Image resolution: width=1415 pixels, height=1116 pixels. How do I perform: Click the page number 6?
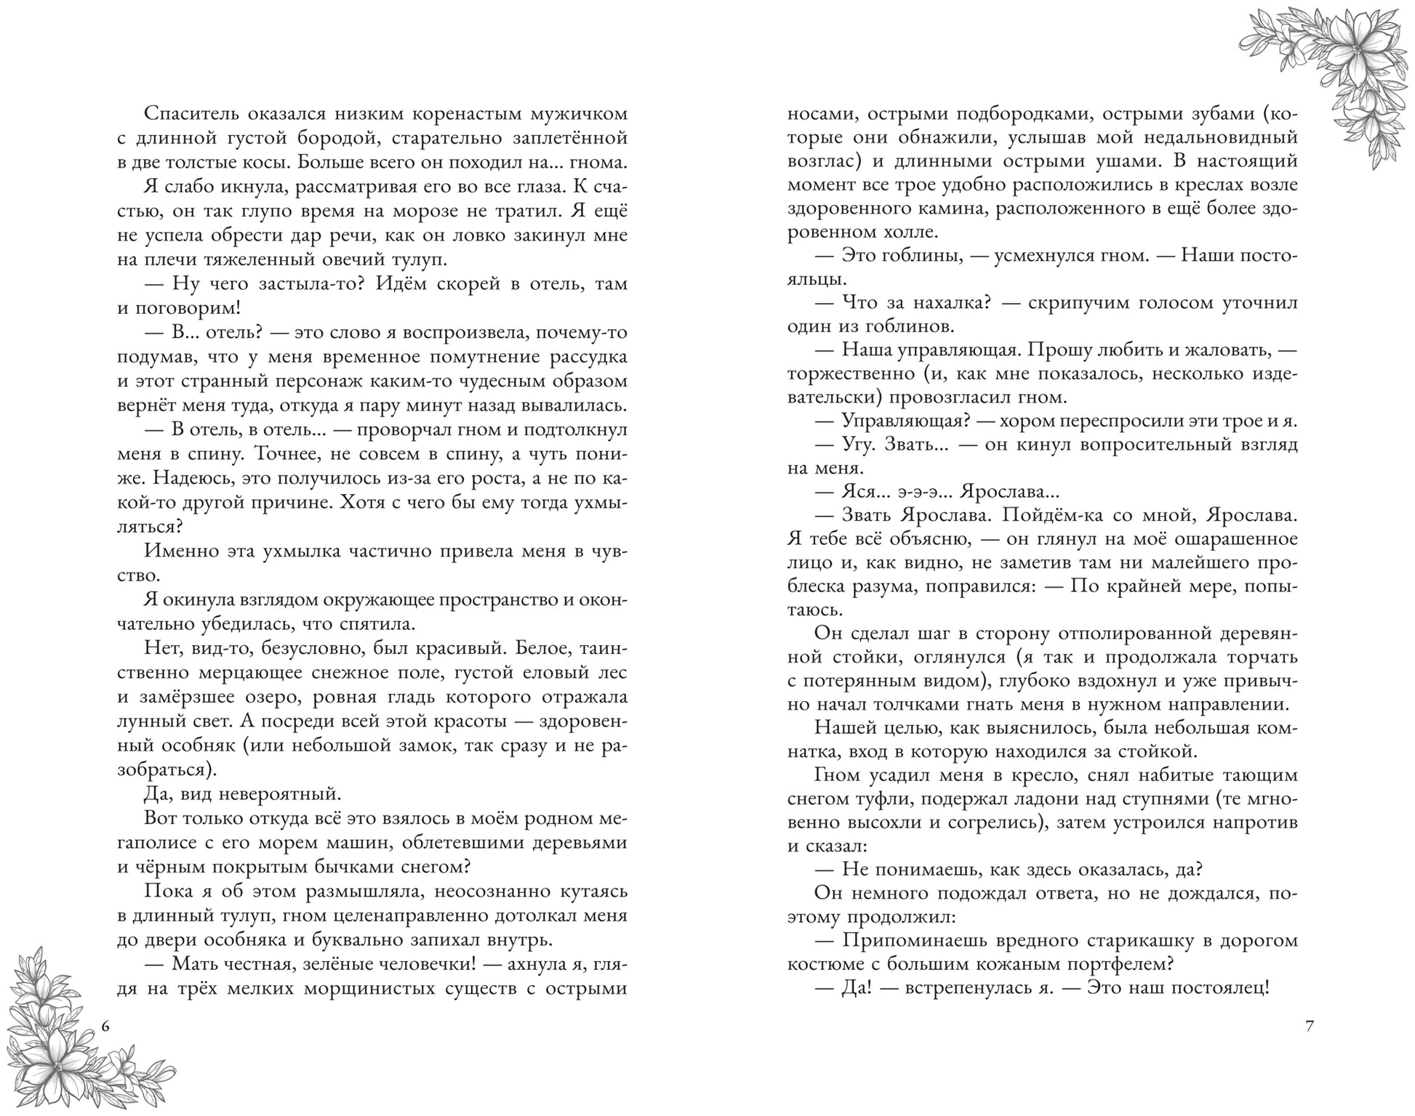(106, 1027)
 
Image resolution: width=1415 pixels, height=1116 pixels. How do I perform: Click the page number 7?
(1310, 1027)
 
